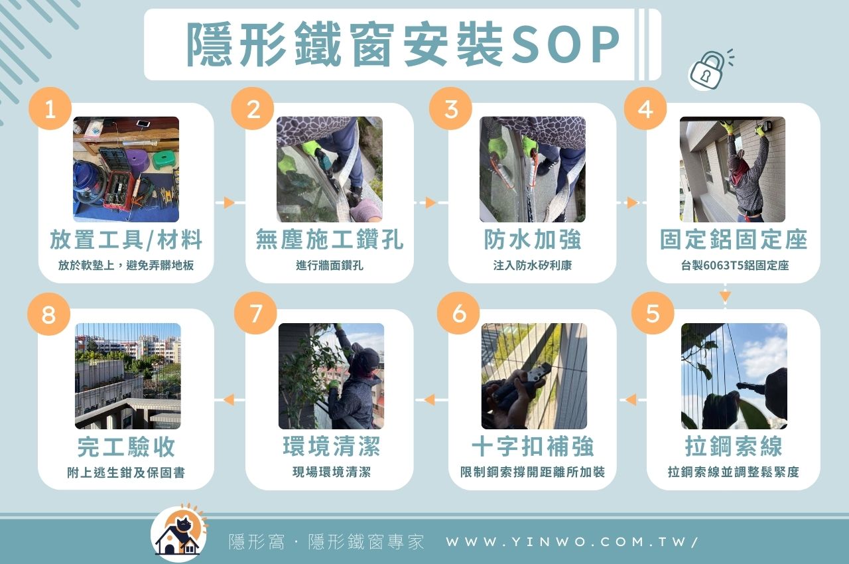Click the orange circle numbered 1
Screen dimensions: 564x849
click(50, 109)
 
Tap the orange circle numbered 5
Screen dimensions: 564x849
click(653, 313)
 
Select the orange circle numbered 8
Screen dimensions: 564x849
click(48, 314)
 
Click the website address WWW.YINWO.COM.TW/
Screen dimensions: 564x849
click(572, 541)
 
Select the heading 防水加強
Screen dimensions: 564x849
click(532, 240)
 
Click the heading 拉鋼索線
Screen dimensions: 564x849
click(733, 447)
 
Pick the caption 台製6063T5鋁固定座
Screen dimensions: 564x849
click(734, 265)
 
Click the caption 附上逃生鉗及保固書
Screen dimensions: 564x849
click(126, 472)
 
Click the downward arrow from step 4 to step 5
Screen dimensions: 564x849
click(724, 295)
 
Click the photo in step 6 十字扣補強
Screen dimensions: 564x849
click(534, 376)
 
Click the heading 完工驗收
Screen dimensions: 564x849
click(126, 447)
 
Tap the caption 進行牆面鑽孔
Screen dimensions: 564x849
click(329, 265)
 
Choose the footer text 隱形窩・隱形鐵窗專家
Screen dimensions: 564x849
click(326, 541)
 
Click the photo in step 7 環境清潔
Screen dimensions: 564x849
click(331, 376)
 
